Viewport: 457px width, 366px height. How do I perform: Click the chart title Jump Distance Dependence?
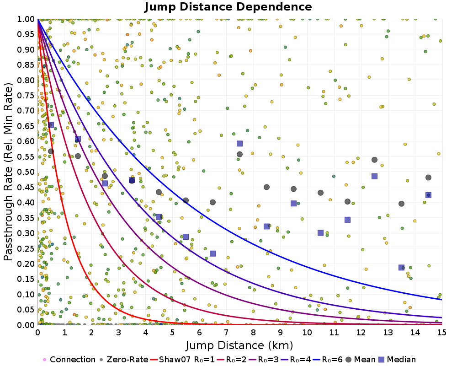coord(228,7)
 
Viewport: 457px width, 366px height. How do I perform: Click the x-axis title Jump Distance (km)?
coord(239,344)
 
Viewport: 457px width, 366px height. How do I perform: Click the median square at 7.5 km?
coord(239,143)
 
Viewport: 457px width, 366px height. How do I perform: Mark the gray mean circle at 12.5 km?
coord(374,160)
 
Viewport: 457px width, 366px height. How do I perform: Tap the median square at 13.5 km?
coord(401,268)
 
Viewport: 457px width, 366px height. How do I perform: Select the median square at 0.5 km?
coord(51,125)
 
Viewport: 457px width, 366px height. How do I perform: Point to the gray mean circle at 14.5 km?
coord(428,178)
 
